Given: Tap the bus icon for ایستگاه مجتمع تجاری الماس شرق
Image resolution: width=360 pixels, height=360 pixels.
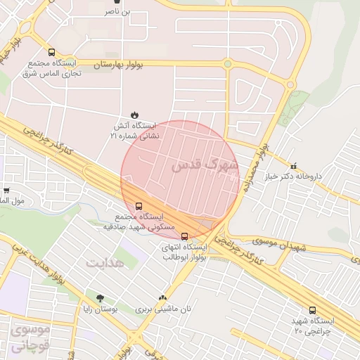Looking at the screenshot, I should [51, 53].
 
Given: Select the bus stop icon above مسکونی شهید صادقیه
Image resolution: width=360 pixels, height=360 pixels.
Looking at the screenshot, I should [138, 207].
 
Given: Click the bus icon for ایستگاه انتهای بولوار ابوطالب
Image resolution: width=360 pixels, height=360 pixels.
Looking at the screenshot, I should [184, 237].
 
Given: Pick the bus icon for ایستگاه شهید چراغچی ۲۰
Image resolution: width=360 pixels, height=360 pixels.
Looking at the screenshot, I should [312, 309].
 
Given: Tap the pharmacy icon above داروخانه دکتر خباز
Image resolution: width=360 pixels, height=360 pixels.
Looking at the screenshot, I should [293, 166].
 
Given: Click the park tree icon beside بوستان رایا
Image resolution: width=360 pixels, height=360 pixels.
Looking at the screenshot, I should [99, 299].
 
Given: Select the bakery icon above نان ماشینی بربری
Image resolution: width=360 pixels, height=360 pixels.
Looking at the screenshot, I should [163, 299].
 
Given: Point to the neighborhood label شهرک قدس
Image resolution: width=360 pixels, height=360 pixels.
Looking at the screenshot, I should [205, 166].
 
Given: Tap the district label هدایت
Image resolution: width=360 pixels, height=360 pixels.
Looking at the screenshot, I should [105, 262].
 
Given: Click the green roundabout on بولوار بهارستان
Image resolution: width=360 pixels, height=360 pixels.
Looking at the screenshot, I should [227, 64].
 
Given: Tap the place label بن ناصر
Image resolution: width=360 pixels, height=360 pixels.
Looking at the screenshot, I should [117, 11].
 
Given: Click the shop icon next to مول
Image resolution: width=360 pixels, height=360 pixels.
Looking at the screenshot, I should [6, 190].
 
